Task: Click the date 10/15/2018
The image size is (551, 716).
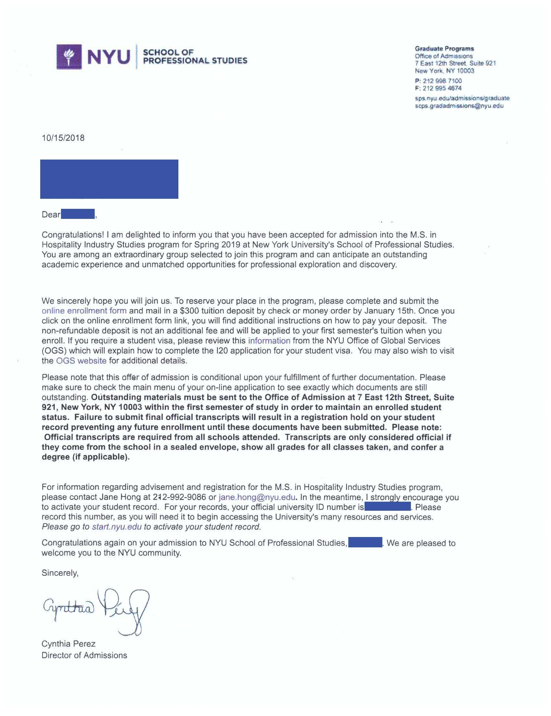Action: tap(63, 138)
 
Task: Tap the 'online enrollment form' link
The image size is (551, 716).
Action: tap(84, 310)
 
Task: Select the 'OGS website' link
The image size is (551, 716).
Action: tap(81, 361)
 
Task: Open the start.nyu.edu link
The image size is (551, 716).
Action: tap(116, 527)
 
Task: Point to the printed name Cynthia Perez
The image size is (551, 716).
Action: tap(68, 644)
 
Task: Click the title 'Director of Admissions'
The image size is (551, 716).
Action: tap(84, 655)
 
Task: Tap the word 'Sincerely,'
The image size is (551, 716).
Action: tap(60, 573)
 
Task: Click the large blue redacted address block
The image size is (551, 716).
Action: tap(109, 179)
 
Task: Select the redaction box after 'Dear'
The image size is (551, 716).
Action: tap(78, 214)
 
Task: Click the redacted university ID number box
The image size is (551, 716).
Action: tap(387, 507)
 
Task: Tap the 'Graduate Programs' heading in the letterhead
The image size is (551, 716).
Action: tap(444, 49)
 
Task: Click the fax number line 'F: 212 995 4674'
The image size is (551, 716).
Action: tap(438, 88)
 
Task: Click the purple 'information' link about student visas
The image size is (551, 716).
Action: tap(269, 340)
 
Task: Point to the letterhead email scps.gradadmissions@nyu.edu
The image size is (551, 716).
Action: tap(459, 106)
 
